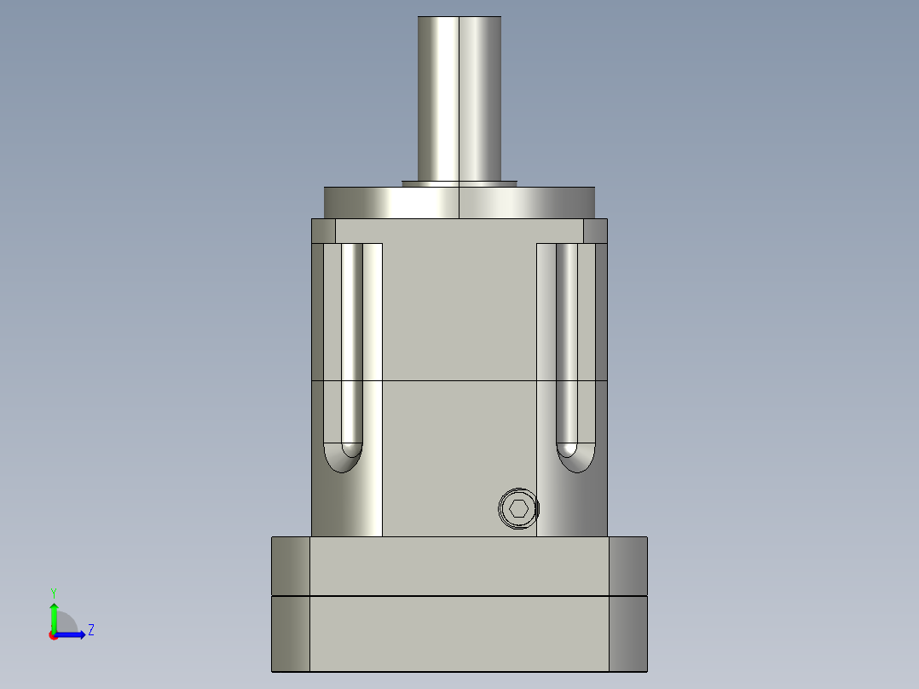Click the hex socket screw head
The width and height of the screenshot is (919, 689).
[x=519, y=509]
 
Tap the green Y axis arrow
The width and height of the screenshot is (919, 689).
[x=54, y=614]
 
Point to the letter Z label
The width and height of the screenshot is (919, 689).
[x=90, y=630]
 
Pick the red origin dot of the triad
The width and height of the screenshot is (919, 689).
[x=53, y=635]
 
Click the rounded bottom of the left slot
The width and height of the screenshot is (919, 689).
[x=343, y=458]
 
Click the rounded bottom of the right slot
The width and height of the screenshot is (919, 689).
[x=575, y=458]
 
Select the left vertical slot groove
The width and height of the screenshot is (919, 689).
[x=352, y=341]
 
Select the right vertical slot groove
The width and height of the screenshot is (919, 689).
[x=567, y=341]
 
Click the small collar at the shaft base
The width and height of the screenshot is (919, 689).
[x=459, y=182]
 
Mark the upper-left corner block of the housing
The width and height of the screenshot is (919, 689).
[x=323, y=231]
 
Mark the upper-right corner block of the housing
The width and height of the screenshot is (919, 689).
[x=595, y=231]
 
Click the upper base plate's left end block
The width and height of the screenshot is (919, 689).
[x=291, y=565]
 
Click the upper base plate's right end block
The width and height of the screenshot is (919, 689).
[x=628, y=565]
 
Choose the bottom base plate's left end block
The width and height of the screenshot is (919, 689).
[x=291, y=633]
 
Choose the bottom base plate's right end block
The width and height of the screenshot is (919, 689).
[x=628, y=633]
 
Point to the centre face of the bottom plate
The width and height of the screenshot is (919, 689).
[x=459, y=633]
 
